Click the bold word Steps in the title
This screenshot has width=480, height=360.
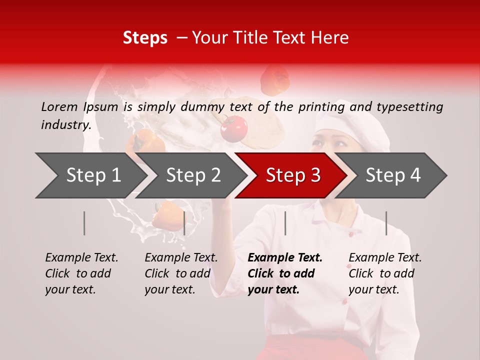point(145,37)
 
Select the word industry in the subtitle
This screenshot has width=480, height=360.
point(65,124)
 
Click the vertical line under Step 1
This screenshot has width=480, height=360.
point(84,223)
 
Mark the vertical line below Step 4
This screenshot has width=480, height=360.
point(386,223)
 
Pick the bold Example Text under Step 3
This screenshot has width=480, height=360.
point(285,257)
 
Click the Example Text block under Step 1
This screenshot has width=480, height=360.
point(81,273)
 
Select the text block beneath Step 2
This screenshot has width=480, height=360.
point(181,273)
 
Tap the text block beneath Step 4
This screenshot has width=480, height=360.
point(385,273)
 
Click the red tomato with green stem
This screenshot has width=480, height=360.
point(234,128)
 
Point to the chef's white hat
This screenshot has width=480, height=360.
point(355,125)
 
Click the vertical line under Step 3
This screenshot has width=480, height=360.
point(285,223)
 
